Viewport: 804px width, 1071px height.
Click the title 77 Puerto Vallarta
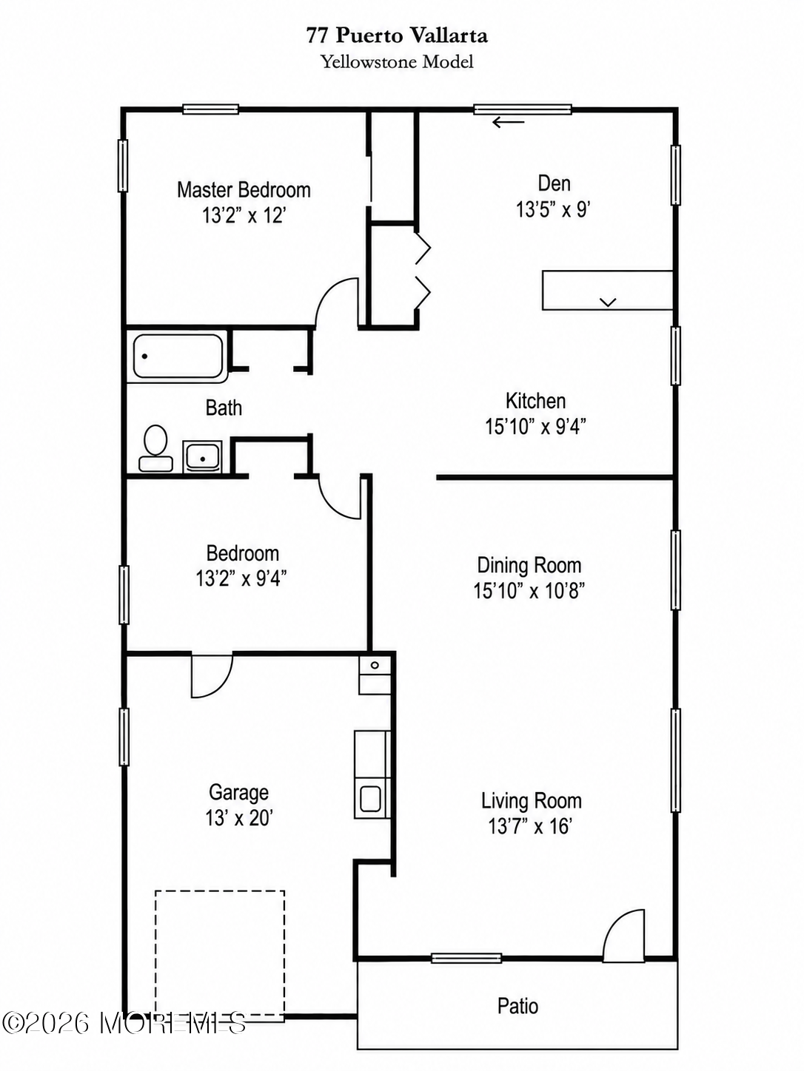pyautogui.click(x=397, y=36)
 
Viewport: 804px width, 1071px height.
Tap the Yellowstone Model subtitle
pyautogui.click(x=397, y=61)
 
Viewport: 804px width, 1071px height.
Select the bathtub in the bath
pyautogui.click(x=178, y=356)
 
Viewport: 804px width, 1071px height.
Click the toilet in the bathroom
pyautogui.click(x=155, y=447)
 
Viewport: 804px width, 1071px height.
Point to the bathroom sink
pyautogui.click(x=202, y=457)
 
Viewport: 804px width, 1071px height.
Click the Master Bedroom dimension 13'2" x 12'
pyautogui.click(x=244, y=215)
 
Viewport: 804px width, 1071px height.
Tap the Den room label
pyautogui.click(x=554, y=183)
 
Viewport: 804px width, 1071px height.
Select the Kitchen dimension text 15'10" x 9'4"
pyautogui.click(x=535, y=427)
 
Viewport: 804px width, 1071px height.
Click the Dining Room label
pyautogui.click(x=529, y=566)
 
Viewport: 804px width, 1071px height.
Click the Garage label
pyautogui.click(x=238, y=792)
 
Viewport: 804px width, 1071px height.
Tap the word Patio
pyautogui.click(x=517, y=1006)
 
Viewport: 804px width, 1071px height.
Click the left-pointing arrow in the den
pyautogui.click(x=508, y=122)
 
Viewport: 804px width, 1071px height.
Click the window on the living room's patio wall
pyautogui.click(x=466, y=958)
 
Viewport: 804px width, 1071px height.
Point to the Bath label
pyautogui.click(x=224, y=408)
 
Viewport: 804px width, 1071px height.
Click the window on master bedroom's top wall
pyautogui.click(x=210, y=109)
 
